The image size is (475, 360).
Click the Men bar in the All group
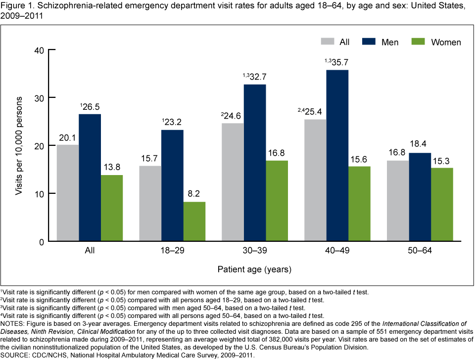pos(90,178)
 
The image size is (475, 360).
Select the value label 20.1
pos(68,138)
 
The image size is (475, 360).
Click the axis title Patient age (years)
pos(255,270)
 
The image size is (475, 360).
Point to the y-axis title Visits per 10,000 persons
pos(19,145)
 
